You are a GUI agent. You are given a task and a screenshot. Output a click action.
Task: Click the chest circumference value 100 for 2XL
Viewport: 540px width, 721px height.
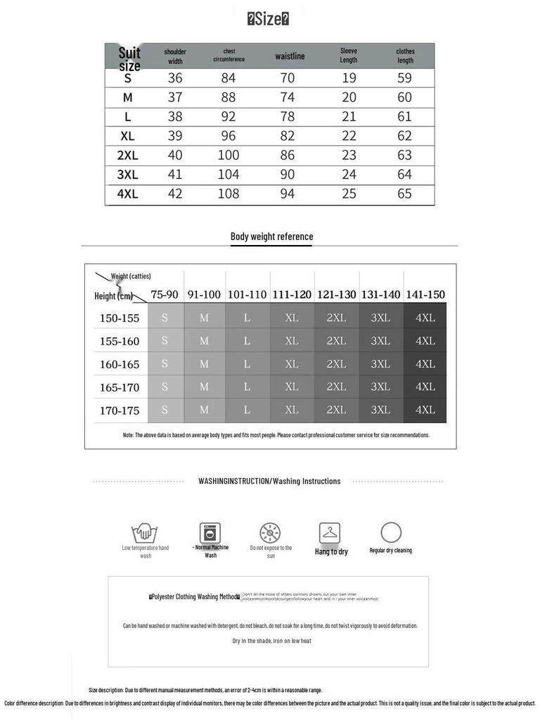pyautogui.click(x=229, y=155)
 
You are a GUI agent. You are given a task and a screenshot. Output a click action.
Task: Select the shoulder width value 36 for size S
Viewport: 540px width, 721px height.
pyautogui.click(x=175, y=78)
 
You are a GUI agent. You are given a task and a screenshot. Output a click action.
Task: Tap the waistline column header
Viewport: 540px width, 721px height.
pyautogui.click(x=290, y=56)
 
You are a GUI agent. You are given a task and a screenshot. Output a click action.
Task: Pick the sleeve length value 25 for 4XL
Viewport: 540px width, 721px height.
pyautogui.click(x=349, y=194)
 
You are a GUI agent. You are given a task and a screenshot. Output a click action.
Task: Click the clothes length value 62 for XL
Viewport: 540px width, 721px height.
pyautogui.click(x=404, y=136)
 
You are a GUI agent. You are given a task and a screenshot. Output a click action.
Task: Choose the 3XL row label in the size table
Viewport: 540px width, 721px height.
pyautogui.click(x=127, y=175)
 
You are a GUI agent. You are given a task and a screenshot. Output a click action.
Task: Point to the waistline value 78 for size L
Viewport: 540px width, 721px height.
pyautogui.click(x=288, y=117)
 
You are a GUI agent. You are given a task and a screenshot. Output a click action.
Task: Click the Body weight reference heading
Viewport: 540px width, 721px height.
pyautogui.click(x=271, y=237)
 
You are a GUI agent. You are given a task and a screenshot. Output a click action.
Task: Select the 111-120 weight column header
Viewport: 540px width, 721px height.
pyautogui.click(x=292, y=295)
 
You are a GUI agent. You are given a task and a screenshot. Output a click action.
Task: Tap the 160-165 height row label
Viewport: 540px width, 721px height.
pyautogui.click(x=120, y=365)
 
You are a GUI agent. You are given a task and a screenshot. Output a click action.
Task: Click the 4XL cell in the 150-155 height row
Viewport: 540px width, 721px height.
pyautogui.click(x=425, y=318)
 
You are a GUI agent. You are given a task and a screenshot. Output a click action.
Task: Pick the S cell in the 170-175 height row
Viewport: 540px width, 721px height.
pyautogui.click(x=165, y=410)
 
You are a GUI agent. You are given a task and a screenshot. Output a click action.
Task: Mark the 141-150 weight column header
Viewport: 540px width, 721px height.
pyautogui.click(x=425, y=295)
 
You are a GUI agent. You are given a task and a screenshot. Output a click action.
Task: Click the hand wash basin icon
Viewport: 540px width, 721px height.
pyautogui.click(x=145, y=532)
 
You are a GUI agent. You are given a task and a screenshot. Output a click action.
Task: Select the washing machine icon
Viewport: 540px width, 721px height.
pyautogui.click(x=210, y=532)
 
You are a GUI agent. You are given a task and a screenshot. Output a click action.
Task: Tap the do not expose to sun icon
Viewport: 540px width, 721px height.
pyautogui.click(x=270, y=532)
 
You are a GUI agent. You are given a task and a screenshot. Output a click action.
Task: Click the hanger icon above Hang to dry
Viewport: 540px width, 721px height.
pyautogui.click(x=330, y=532)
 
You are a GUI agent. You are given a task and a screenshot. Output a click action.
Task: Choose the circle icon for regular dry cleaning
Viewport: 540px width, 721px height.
pyautogui.click(x=391, y=532)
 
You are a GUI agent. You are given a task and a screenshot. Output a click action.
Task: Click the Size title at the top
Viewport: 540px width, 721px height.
pyautogui.click(x=268, y=19)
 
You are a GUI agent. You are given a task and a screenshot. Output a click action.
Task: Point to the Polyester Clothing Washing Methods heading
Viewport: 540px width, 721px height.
pyautogui.click(x=195, y=597)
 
